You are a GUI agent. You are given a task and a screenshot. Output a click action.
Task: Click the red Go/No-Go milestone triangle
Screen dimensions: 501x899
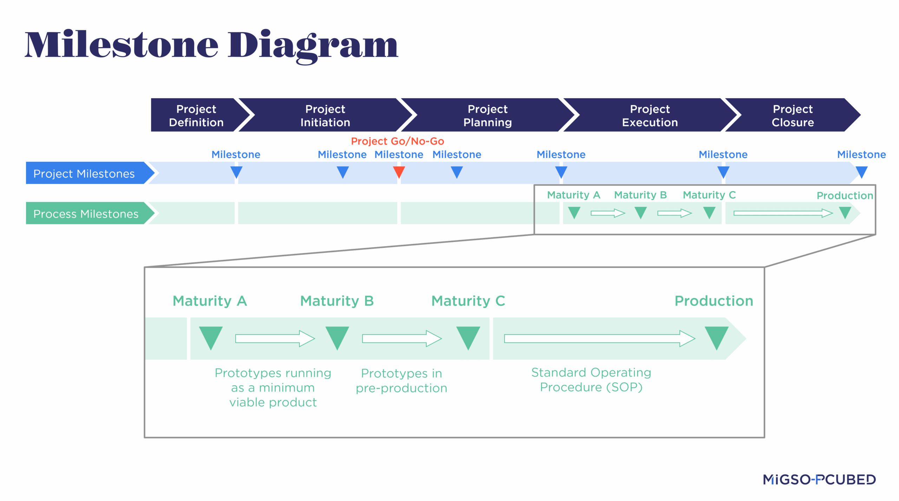coord(399,172)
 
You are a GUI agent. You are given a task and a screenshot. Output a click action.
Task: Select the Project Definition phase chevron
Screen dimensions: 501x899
coord(196,115)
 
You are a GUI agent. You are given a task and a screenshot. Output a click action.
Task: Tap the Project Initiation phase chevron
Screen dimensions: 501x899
coord(325,115)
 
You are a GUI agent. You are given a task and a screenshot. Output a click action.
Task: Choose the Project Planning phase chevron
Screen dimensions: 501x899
coord(487,115)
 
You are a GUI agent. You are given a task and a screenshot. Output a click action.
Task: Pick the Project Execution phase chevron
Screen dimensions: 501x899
coord(650,115)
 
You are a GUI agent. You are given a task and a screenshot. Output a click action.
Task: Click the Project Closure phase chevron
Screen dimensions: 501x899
coord(793,115)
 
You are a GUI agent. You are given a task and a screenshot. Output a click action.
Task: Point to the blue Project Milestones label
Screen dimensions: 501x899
coord(84,173)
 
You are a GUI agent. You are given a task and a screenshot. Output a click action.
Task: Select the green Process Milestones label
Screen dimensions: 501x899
coord(86,213)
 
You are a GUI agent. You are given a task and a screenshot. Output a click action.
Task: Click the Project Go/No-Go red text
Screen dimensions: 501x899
coord(398,141)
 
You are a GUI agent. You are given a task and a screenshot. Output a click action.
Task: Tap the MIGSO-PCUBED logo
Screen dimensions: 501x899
coord(819,479)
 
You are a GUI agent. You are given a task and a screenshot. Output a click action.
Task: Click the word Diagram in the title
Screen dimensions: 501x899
coord(313,46)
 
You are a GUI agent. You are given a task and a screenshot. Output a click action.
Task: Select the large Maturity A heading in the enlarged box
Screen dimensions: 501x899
coord(210,301)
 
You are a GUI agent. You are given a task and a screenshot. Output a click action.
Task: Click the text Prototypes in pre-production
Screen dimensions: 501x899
coord(401,381)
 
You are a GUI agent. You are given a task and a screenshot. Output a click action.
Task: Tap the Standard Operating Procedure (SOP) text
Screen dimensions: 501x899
coord(591,380)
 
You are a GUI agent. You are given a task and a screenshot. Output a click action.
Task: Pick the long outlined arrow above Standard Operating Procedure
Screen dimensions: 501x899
coord(599,338)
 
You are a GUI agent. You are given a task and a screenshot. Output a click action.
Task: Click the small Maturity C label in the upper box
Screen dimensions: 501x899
coord(709,195)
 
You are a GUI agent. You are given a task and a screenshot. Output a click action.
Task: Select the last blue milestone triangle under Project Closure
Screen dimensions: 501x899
coord(861,172)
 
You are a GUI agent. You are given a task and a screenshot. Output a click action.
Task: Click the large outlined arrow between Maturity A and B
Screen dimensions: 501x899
coord(275,338)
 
